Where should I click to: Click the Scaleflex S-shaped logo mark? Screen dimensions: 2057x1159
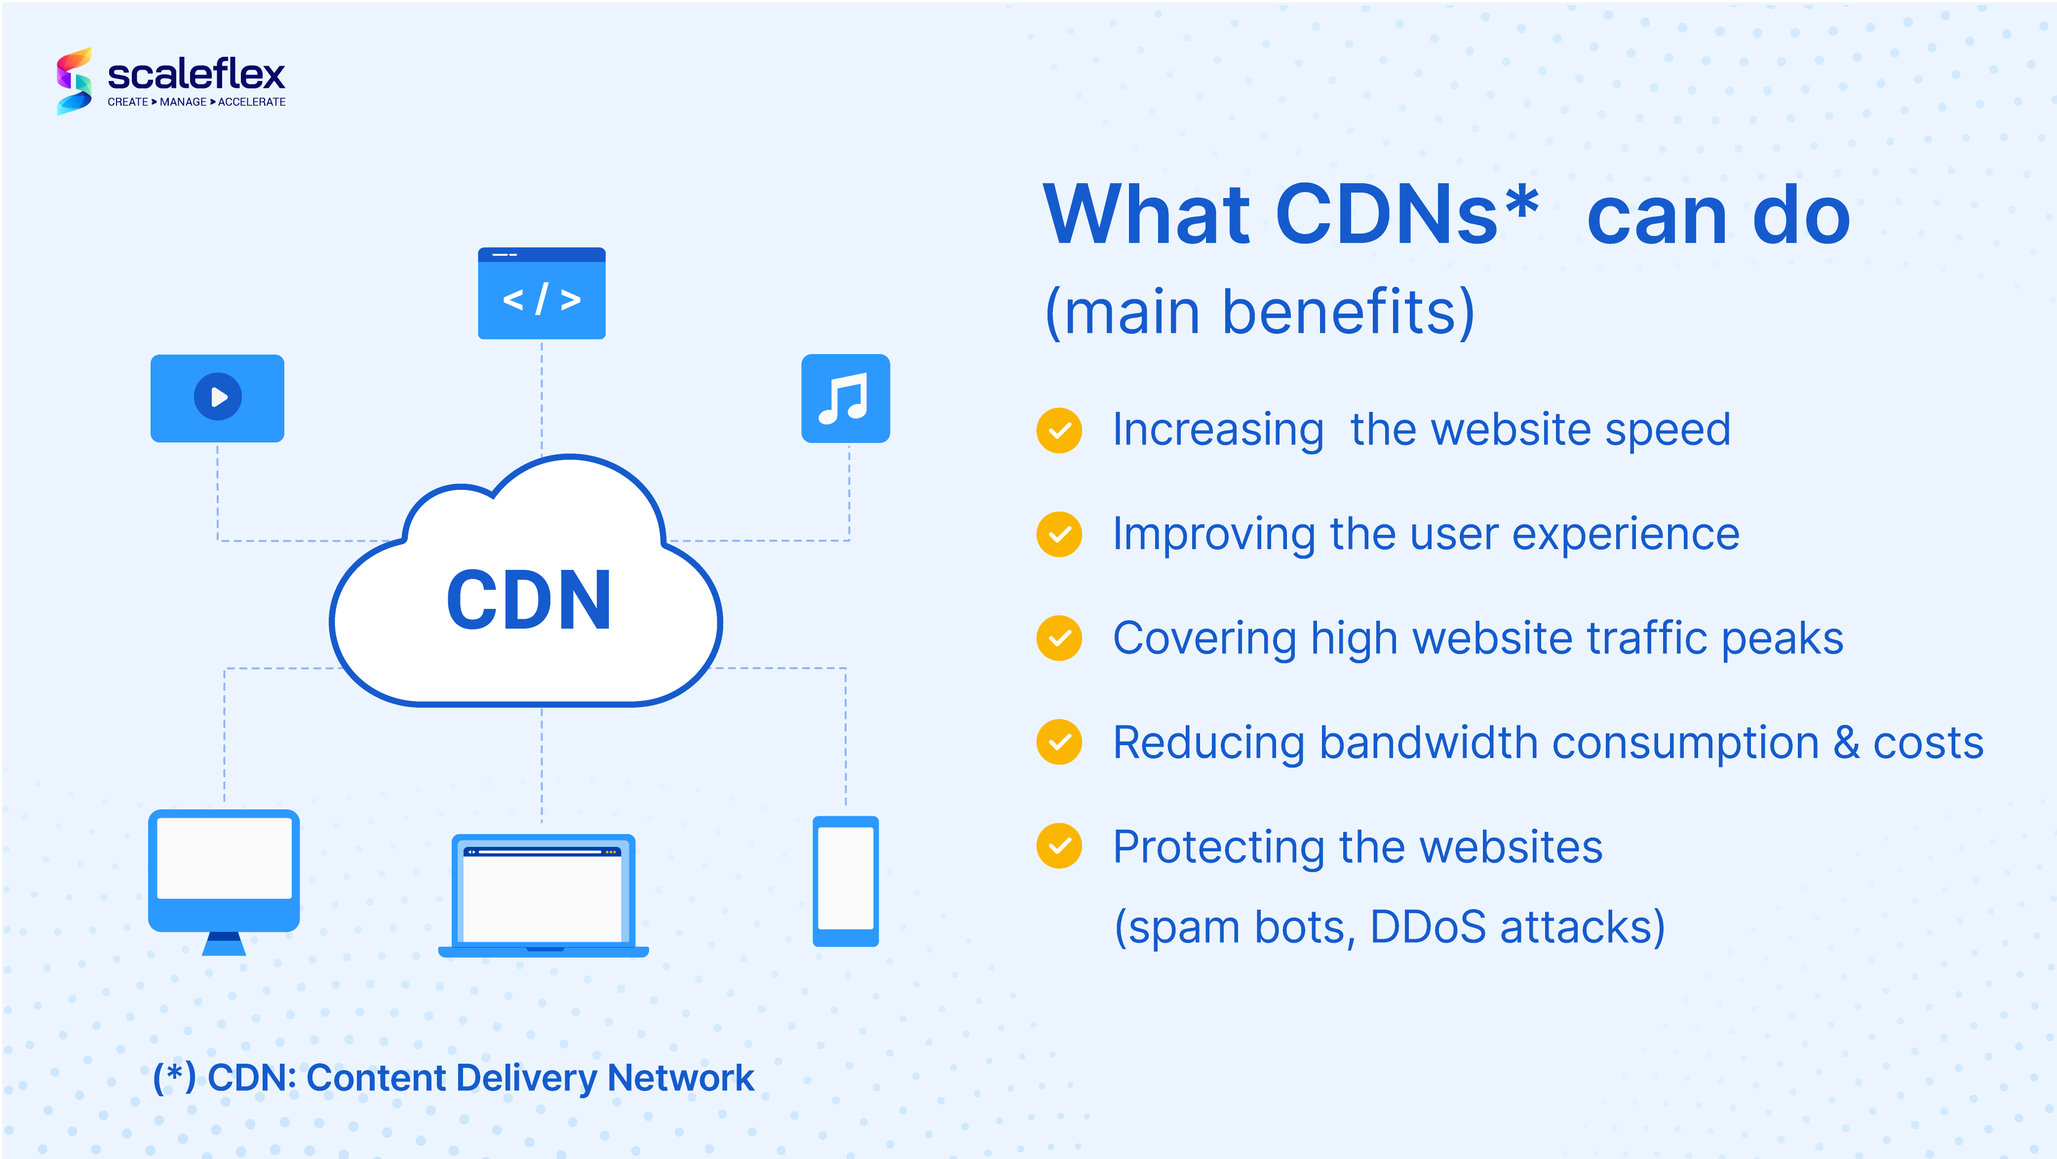pyautogui.click(x=74, y=80)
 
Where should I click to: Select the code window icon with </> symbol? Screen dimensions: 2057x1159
pyautogui.click(x=542, y=293)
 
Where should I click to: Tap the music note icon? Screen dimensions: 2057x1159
pyautogui.click(x=846, y=398)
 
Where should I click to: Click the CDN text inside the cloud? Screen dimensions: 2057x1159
pyautogui.click(x=529, y=600)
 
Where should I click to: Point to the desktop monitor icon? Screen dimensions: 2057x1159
pyautogui.click(x=225, y=882)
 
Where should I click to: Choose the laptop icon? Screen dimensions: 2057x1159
pyautogui.click(x=544, y=895)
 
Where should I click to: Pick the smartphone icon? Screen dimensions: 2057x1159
pyautogui.click(x=846, y=881)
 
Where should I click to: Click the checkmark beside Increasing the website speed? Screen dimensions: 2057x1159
pyautogui.click(x=1060, y=431)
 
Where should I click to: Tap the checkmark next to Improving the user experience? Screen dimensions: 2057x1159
pyautogui.click(x=1060, y=534)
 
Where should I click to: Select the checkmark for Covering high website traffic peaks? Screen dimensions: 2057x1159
pyautogui.click(x=1060, y=638)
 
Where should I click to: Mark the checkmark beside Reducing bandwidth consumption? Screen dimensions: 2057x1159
pyautogui.click(x=1060, y=742)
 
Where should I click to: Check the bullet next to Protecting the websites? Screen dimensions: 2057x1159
pyautogui.click(x=1060, y=846)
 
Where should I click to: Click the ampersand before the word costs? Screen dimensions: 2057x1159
pyautogui.click(x=1847, y=743)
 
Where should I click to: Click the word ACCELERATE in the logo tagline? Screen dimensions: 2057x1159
pyautogui.click(x=252, y=102)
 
